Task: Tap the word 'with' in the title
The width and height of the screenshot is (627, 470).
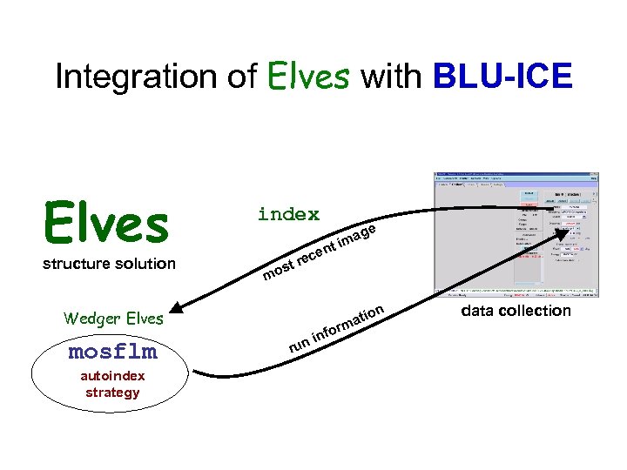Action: point(390,77)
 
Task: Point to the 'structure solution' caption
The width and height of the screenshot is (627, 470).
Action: point(109,264)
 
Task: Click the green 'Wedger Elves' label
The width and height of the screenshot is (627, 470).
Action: point(113,319)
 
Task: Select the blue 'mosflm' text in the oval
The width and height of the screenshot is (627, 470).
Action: point(112,352)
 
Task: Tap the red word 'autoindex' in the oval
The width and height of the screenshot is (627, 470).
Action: point(112,376)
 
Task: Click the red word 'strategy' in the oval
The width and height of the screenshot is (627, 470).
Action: point(112,392)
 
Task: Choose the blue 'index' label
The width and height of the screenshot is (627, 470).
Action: point(288,214)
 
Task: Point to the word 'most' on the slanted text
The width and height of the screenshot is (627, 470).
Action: point(279,271)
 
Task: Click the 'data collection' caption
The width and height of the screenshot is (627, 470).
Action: point(516,311)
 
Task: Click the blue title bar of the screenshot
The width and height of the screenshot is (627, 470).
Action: point(516,175)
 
